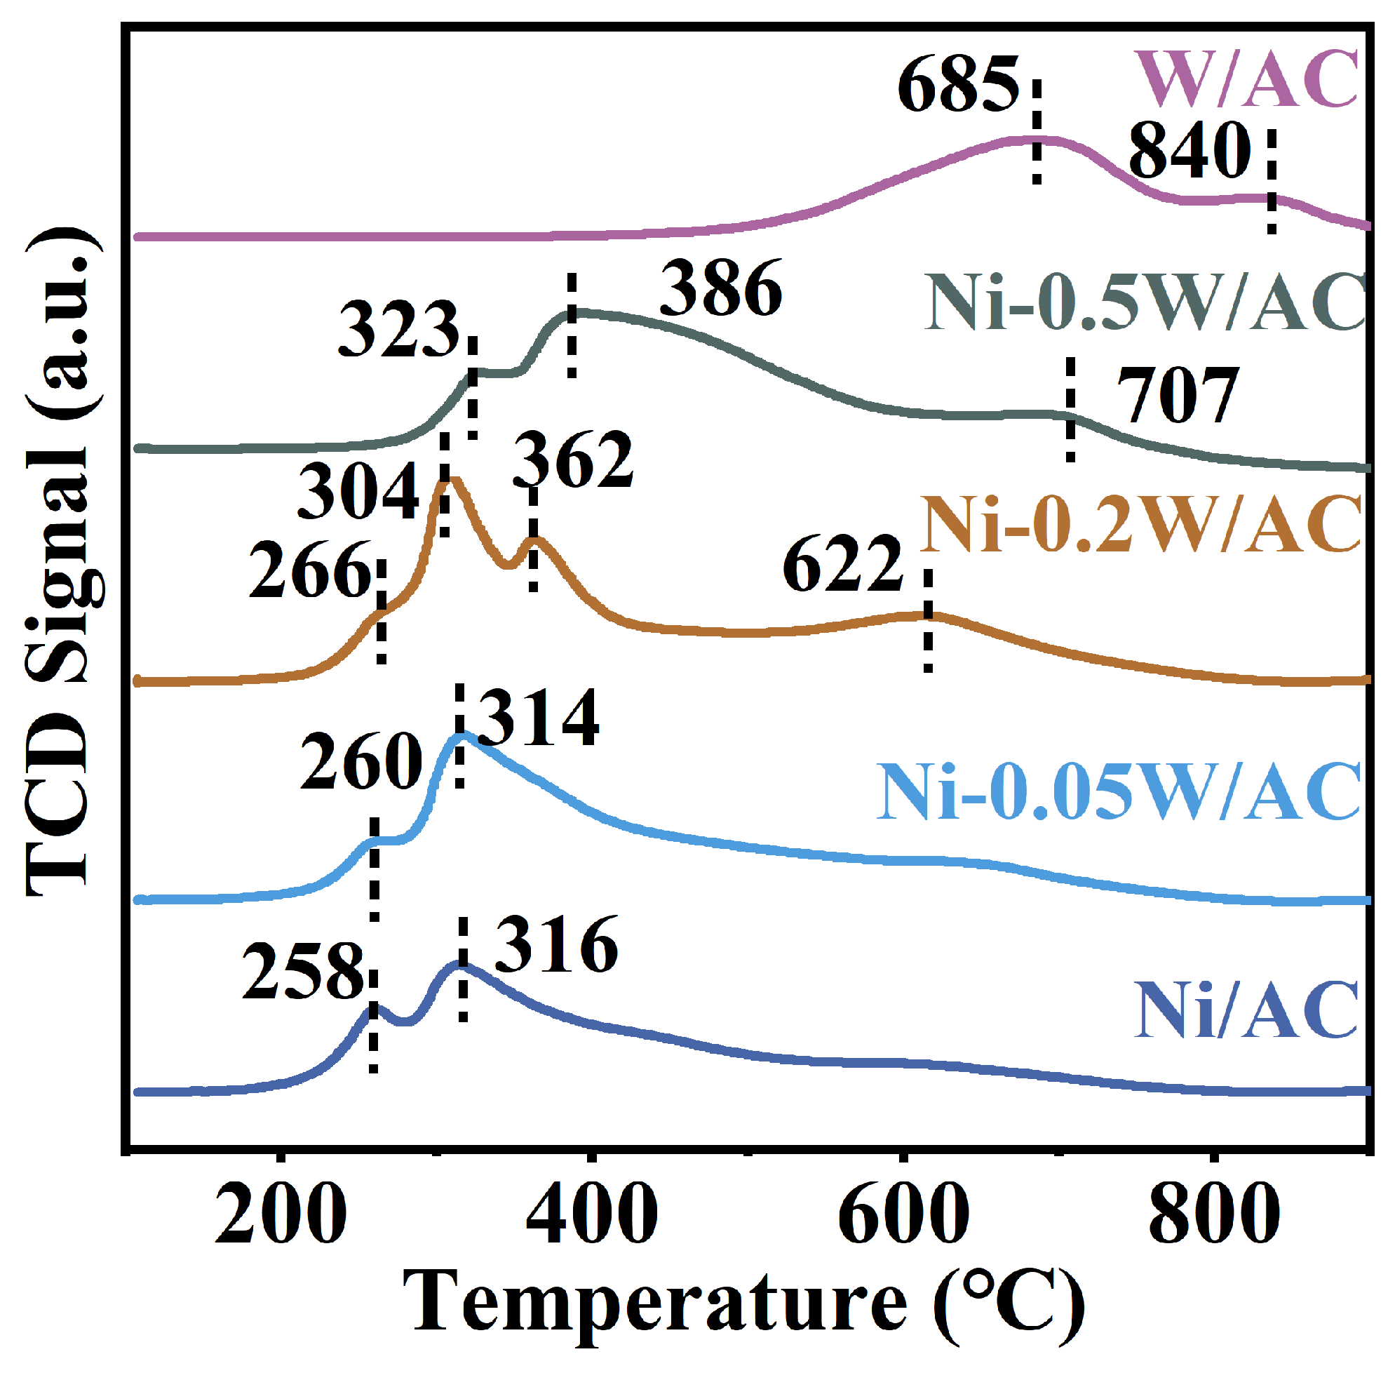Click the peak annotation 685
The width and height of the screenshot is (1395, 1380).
point(958,85)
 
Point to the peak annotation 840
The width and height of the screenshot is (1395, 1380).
point(1190,150)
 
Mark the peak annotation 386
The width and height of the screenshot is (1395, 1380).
point(720,289)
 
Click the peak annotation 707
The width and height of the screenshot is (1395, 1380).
point(1178,396)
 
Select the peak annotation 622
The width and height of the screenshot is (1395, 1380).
point(842,564)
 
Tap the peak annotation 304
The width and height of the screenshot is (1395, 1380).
point(358,492)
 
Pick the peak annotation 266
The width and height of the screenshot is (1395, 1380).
point(311,570)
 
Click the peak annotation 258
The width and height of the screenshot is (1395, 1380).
point(303,971)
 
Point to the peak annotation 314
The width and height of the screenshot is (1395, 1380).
point(538,718)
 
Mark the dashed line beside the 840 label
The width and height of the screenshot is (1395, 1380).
point(1272,182)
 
